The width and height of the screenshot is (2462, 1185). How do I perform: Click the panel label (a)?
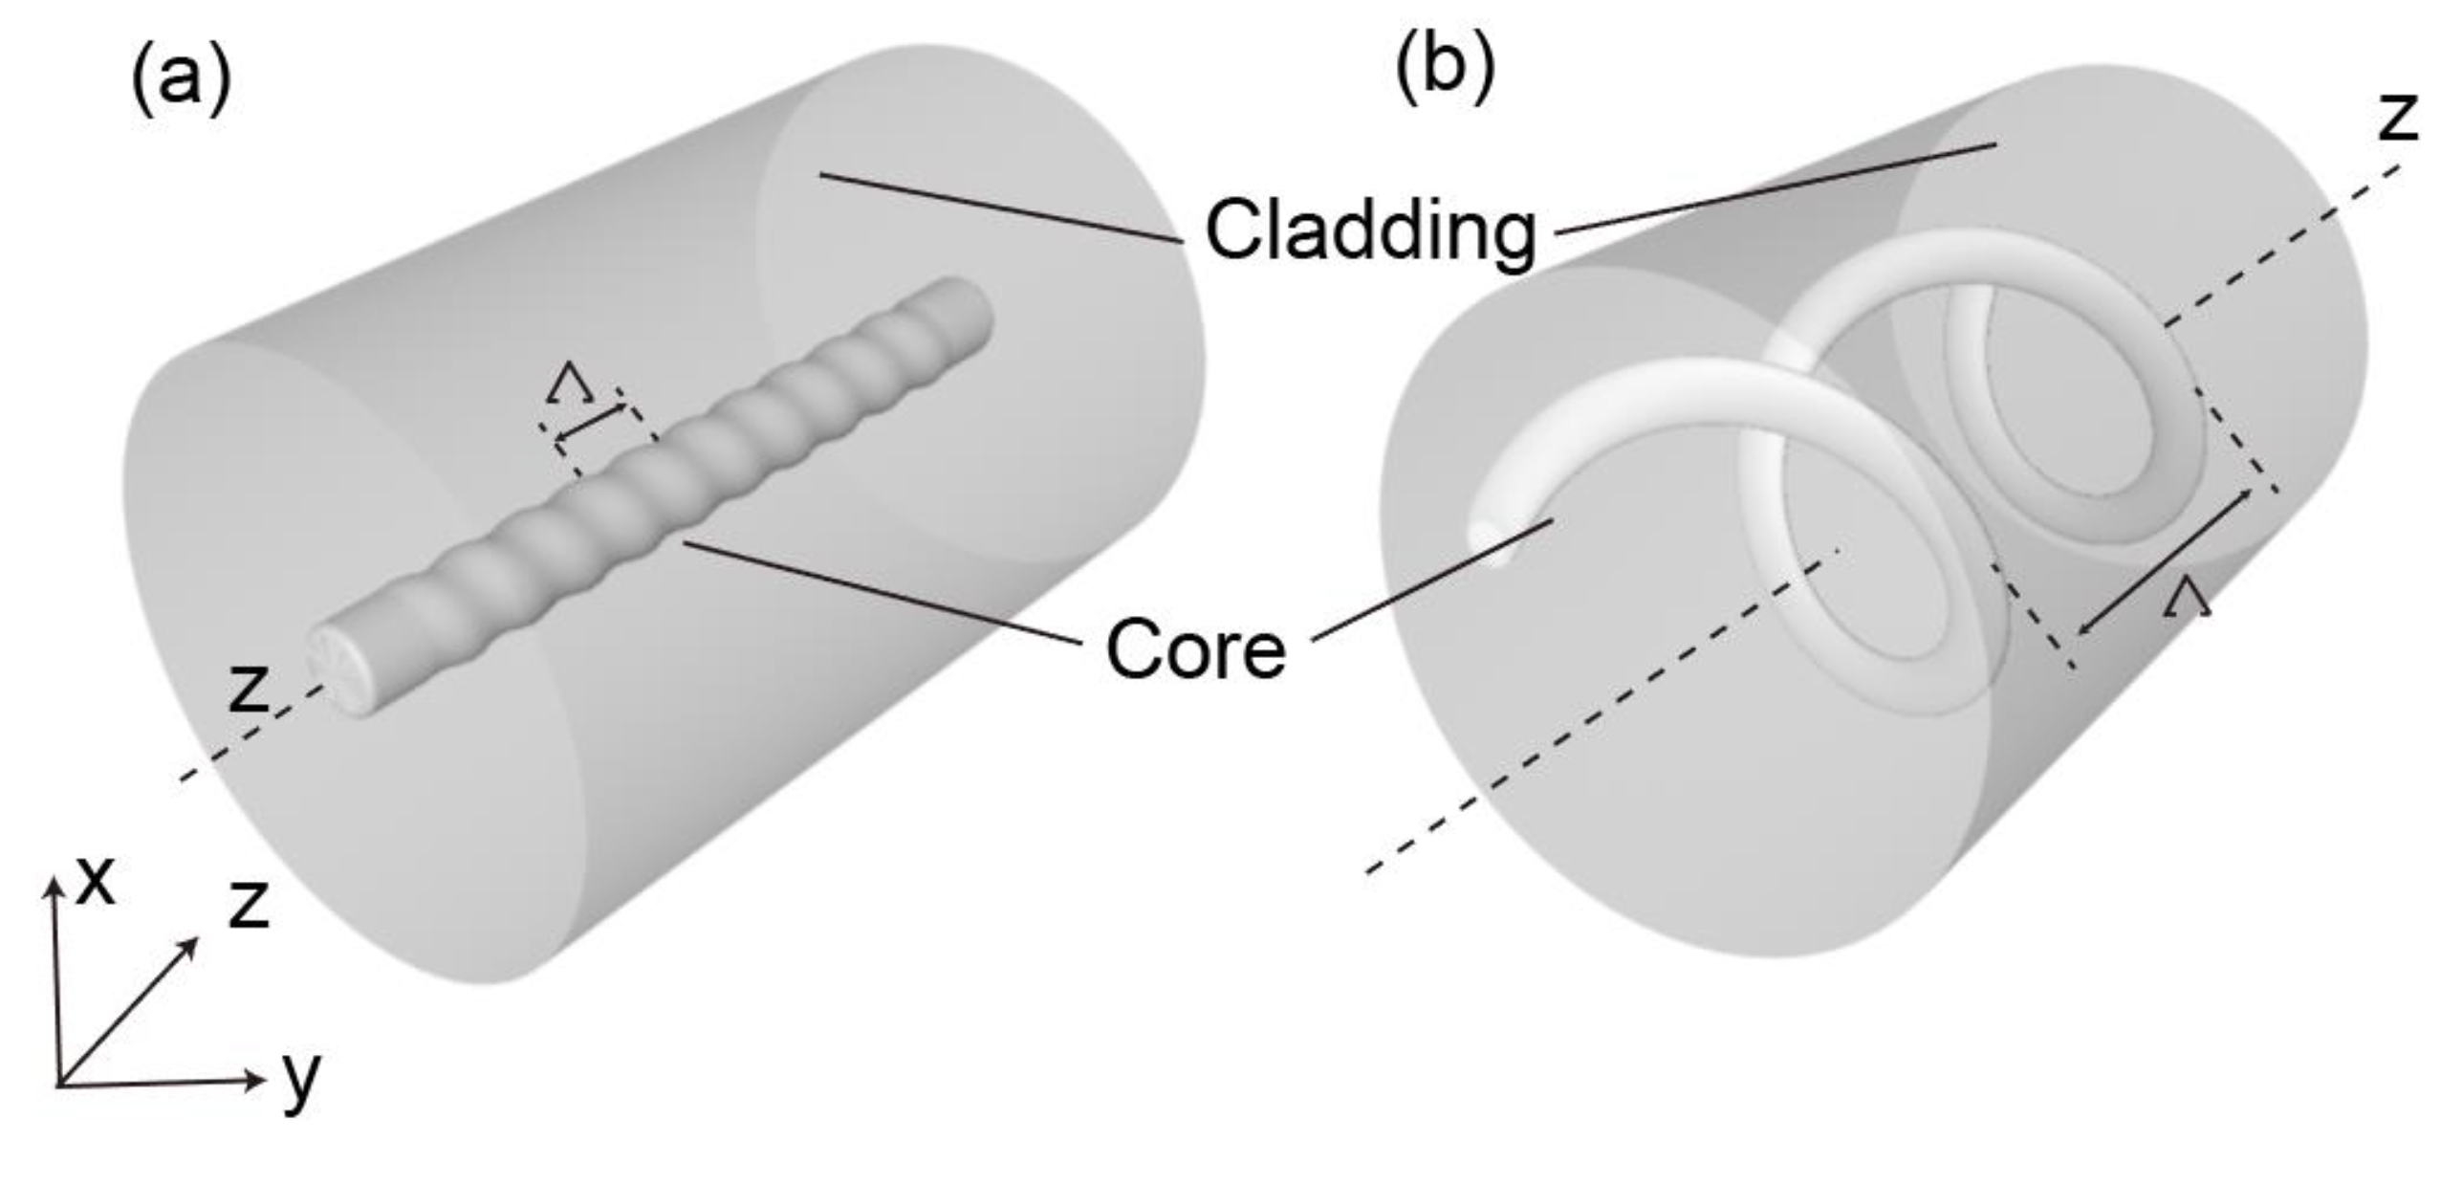pos(181,82)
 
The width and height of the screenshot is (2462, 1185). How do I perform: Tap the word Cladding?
pos(1370,230)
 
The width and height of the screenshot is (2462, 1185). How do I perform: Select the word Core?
pos(1195,649)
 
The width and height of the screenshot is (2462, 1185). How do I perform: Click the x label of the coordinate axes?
pos(96,881)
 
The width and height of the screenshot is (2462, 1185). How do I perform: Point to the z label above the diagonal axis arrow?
pos(250,904)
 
